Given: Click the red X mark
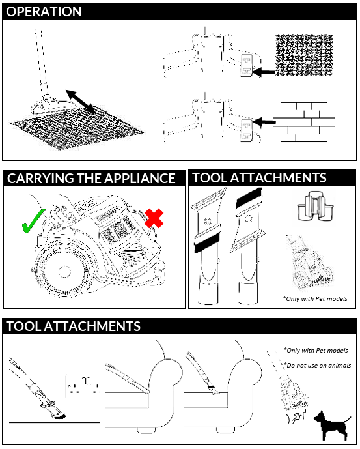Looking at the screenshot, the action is point(154,218).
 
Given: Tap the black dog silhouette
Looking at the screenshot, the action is point(332,426).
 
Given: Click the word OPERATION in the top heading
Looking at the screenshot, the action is point(44,12).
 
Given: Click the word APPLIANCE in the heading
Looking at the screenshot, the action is point(140,179).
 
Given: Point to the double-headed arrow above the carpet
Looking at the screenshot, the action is point(81,101).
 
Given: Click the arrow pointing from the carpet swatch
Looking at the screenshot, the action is point(264,72).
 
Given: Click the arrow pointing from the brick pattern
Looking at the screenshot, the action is point(264,123).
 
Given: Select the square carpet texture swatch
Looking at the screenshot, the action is point(304,55).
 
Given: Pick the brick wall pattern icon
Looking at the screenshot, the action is point(303,122).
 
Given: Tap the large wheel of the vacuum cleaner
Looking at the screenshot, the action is point(64,272).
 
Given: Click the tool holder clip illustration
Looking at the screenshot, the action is point(316,206).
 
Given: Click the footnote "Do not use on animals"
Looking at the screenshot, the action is point(318,366).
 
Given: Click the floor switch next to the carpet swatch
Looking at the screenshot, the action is point(246,65).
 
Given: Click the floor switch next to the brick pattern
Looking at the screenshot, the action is point(246,130).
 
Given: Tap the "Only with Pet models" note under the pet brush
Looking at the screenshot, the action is point(315,299).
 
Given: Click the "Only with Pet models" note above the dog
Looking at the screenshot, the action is point(316,351).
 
